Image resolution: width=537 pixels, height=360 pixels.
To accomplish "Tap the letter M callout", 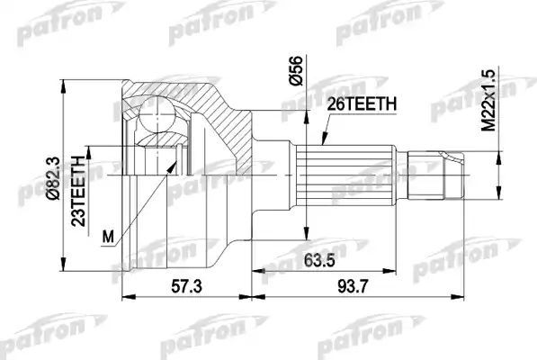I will pyautogui.click(x=109, y=238).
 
